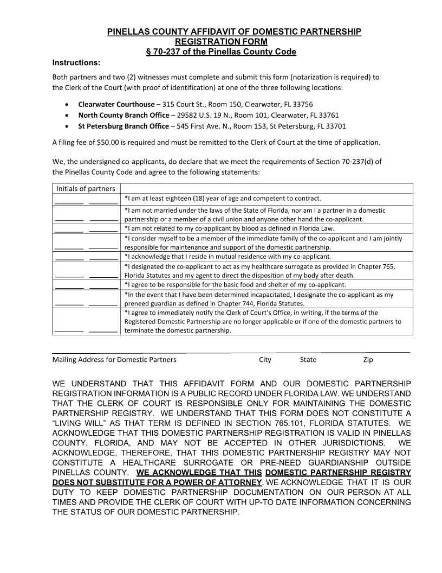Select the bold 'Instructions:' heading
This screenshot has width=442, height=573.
(x=76, y=62)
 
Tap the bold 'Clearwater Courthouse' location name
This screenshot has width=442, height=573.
(x=116, y=104)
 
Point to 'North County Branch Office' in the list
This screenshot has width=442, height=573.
(x=123, y=115)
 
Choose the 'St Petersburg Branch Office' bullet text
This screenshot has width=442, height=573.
(x=123, y=126)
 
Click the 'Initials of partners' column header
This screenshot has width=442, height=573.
(x=86, y=189)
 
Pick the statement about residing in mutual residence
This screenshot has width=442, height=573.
(x=227, y=256)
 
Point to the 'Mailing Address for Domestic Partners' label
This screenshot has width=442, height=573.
(x=114, y=359)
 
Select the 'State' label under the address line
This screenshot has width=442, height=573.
(x=308, y=359)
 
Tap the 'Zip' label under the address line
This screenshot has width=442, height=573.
(x=368, y=359)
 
